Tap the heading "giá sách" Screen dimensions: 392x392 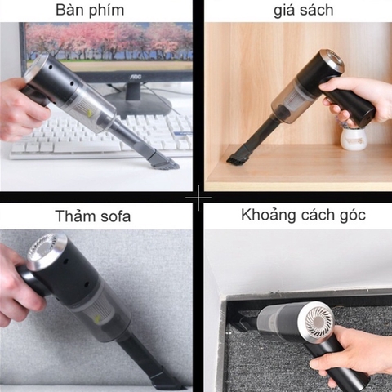[303, 11]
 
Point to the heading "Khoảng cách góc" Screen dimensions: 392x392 [303, 216]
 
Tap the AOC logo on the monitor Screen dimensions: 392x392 [137, 74]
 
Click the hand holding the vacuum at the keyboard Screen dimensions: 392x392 [20, 111]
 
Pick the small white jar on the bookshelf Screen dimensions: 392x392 [352, 139]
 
